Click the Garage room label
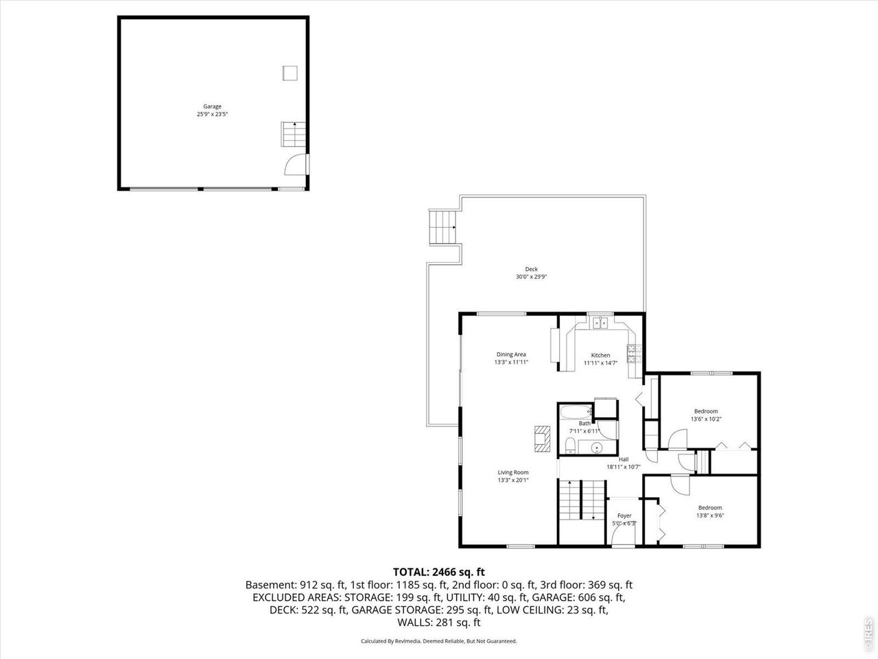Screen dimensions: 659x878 [x=212, y=106]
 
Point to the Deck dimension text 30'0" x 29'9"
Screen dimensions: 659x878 [x=532, y=277]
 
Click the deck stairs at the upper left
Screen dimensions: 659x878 [x=442, y=227]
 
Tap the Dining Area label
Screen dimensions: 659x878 [x=511, y=354]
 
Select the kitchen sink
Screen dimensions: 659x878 [x=601, y=323]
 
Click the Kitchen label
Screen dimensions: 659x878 [x=601, y=355]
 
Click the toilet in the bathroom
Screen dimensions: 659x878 [x=570, y=447]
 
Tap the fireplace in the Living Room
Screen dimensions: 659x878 [x=542, y=439]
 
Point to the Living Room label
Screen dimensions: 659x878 [x=513, y=472]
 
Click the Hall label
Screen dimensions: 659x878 [x=624, y=459]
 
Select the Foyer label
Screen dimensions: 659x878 [x=624, y=516]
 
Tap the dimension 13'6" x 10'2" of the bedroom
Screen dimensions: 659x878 [x=706, y=419]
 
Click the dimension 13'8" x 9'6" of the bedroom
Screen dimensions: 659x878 [x=710, y=516]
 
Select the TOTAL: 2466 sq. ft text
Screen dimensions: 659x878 [x=439, y=571]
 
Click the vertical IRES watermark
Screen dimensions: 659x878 [x=868, y=634]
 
